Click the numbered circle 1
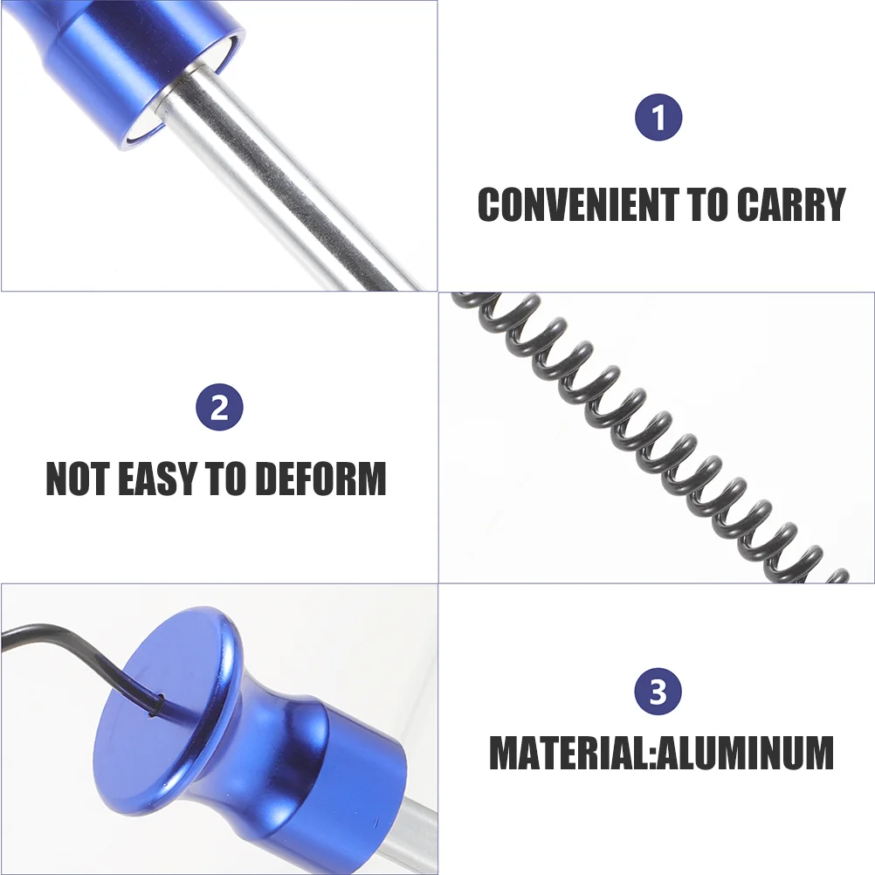[658, 117]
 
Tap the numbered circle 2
[219, 407]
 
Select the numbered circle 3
[658, 692]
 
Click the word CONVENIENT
[579, 204]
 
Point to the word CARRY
[791, 204]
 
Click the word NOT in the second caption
[78, 479]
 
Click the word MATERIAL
[568, 754]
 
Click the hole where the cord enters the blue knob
[160, 698]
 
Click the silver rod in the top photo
[279, 178]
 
